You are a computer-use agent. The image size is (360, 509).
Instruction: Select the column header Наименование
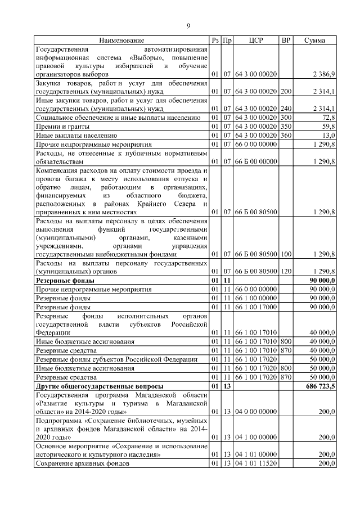(x=121, y=40)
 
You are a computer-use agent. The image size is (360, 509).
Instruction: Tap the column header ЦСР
(x=255, y=40)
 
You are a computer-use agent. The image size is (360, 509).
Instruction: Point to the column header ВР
(x=286, y=40)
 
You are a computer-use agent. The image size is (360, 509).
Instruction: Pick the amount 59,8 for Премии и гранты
(x=328, y=127)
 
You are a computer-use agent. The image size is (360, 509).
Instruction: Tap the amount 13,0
(x=328, y=136)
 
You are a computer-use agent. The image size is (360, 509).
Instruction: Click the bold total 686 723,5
(x=319, y=386)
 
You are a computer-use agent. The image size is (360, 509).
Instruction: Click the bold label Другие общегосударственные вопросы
(x=100, y=386)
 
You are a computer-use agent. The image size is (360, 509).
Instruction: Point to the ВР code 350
(x=286, y=127)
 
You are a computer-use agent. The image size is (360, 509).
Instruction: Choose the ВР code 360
(x=286, y=136)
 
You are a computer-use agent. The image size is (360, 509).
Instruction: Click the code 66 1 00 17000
(x=256, y=307)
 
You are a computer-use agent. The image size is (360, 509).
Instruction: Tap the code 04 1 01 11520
(x=256, y=463)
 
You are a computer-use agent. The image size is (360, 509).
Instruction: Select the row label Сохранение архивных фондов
(x=82, y=463)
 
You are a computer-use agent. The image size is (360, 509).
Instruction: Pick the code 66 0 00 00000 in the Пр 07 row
(x=256, y=145)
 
